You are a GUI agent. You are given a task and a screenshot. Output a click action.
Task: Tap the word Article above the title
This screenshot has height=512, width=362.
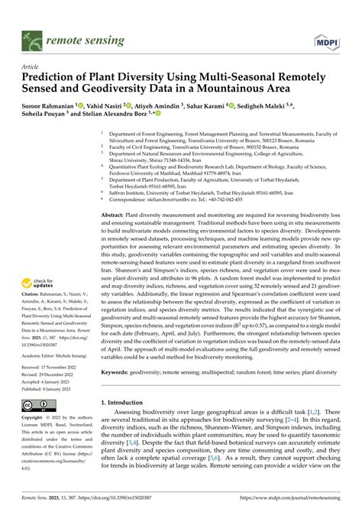click(x=32, y=66)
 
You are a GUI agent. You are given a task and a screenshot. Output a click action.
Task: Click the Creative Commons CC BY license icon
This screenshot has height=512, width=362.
click(x=38, y=402)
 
